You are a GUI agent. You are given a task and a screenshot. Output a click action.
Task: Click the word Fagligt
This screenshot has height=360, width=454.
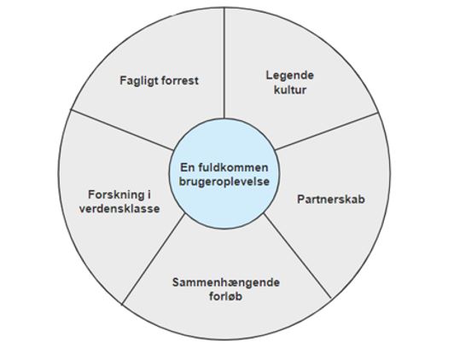pyautogui.click(x=138, y=81)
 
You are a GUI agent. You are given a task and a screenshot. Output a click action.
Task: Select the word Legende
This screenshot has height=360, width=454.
pyautogui.click(x=290, y=76)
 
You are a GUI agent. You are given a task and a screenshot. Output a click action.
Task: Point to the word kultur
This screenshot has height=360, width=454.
pyautogui.click(x=290, y=90)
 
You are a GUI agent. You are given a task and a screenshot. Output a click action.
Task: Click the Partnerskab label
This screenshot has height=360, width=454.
pyautogui.click(x=331, y=200)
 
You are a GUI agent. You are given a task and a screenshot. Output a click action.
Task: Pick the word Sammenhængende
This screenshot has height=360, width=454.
pyautogui.click(x=226, y=282)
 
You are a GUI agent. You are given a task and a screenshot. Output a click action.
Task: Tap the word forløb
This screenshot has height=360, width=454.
pyautogui.click(x=225, y=296)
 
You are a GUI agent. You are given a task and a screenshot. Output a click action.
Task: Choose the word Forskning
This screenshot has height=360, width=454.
pyautogui.click(x=116, y=195)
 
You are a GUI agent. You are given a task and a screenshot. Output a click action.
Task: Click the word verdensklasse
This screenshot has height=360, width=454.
pyautogui.click(x=119, y=209)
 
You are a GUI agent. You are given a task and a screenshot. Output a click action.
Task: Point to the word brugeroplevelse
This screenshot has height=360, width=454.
pyautogui.click(x=224, y=182)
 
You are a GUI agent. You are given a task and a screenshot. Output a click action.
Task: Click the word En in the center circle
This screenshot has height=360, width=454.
pyautogui.click(x=188, y=167)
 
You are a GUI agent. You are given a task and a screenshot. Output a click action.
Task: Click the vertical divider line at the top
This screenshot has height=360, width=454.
pyautogui.click(x=224, y=63)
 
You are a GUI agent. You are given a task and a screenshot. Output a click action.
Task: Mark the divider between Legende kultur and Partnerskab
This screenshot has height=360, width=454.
pyautogui.click(x=327, y=131)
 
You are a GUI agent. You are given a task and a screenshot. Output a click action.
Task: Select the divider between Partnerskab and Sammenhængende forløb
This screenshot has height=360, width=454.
pyautogui.click(x=298, y=256)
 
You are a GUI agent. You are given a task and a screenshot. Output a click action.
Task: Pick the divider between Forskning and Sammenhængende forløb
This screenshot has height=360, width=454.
pyautogui.click(x=154, y=259)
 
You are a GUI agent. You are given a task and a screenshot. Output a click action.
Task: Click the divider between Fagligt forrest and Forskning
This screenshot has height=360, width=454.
pyautogui.click(x=122, y=130)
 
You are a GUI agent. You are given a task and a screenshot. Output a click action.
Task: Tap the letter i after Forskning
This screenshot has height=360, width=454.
pyautogui.click(x=148, y=195)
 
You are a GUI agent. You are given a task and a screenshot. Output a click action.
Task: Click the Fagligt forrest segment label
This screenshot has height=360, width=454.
pyautogui.click(x=160, y=81)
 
